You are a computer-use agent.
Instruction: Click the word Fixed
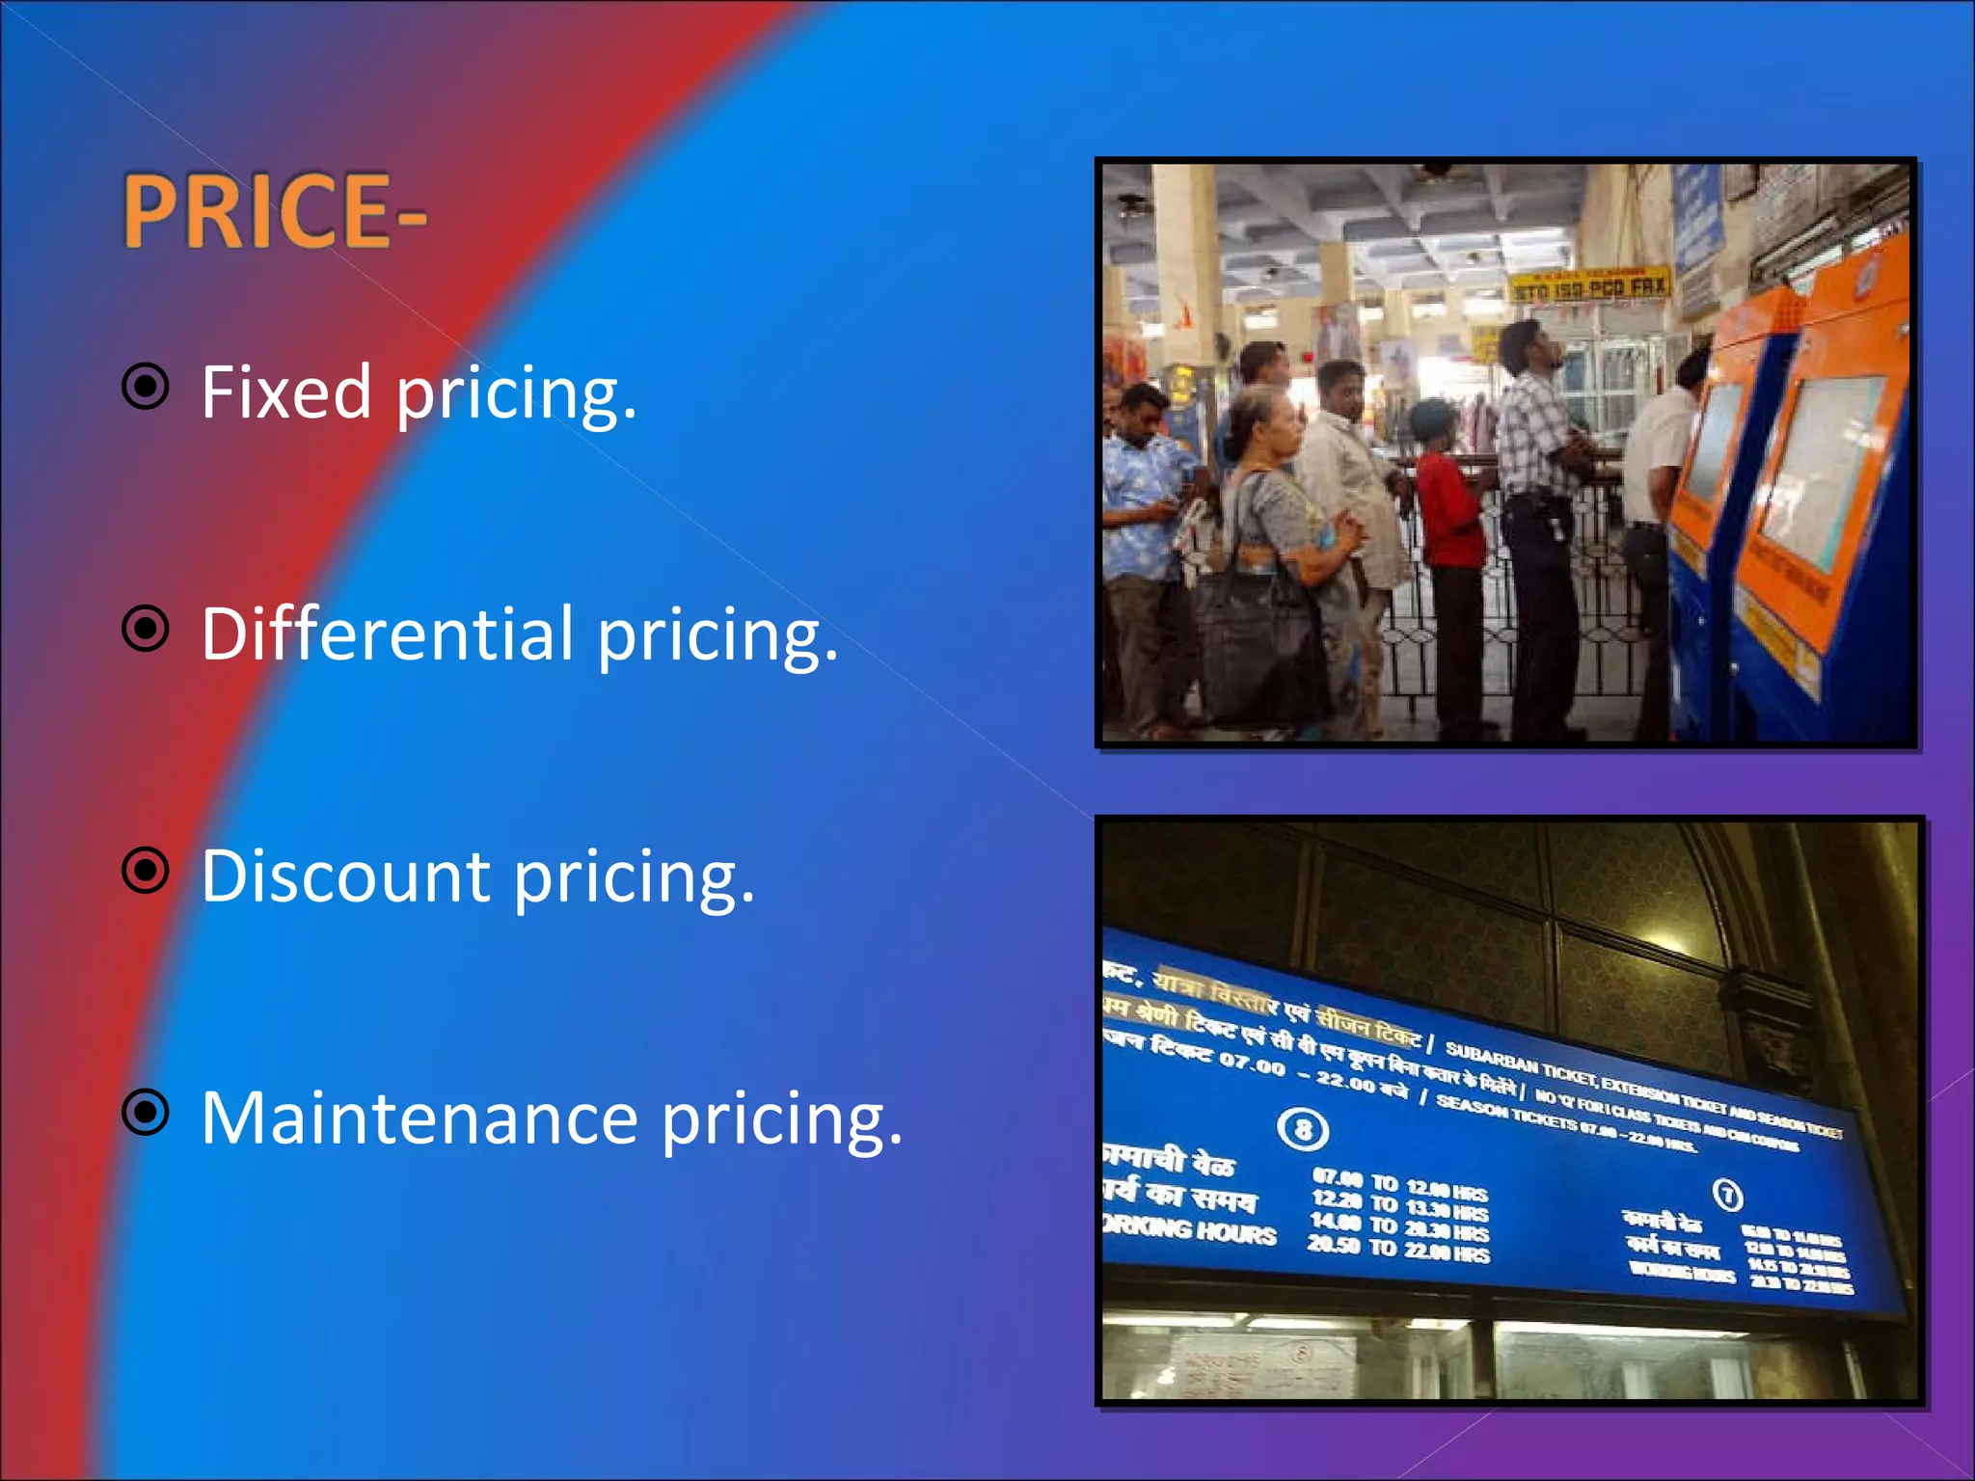[286, 392]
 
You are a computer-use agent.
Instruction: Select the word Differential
[387, 634]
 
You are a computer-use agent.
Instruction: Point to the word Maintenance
[419, 1118]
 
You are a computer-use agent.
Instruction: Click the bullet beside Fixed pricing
[146, 387]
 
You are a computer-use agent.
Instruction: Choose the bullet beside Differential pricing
[146, 629]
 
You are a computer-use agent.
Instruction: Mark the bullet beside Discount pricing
[146, 871]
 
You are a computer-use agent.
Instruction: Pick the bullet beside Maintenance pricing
[146, 1113]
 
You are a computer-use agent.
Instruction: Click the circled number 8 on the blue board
[1303, 1129]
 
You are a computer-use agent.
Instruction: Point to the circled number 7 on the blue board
[1727, 1196]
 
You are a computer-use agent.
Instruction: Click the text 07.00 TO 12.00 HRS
[1399, 1185]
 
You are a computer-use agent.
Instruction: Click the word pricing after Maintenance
[782, 1120]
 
